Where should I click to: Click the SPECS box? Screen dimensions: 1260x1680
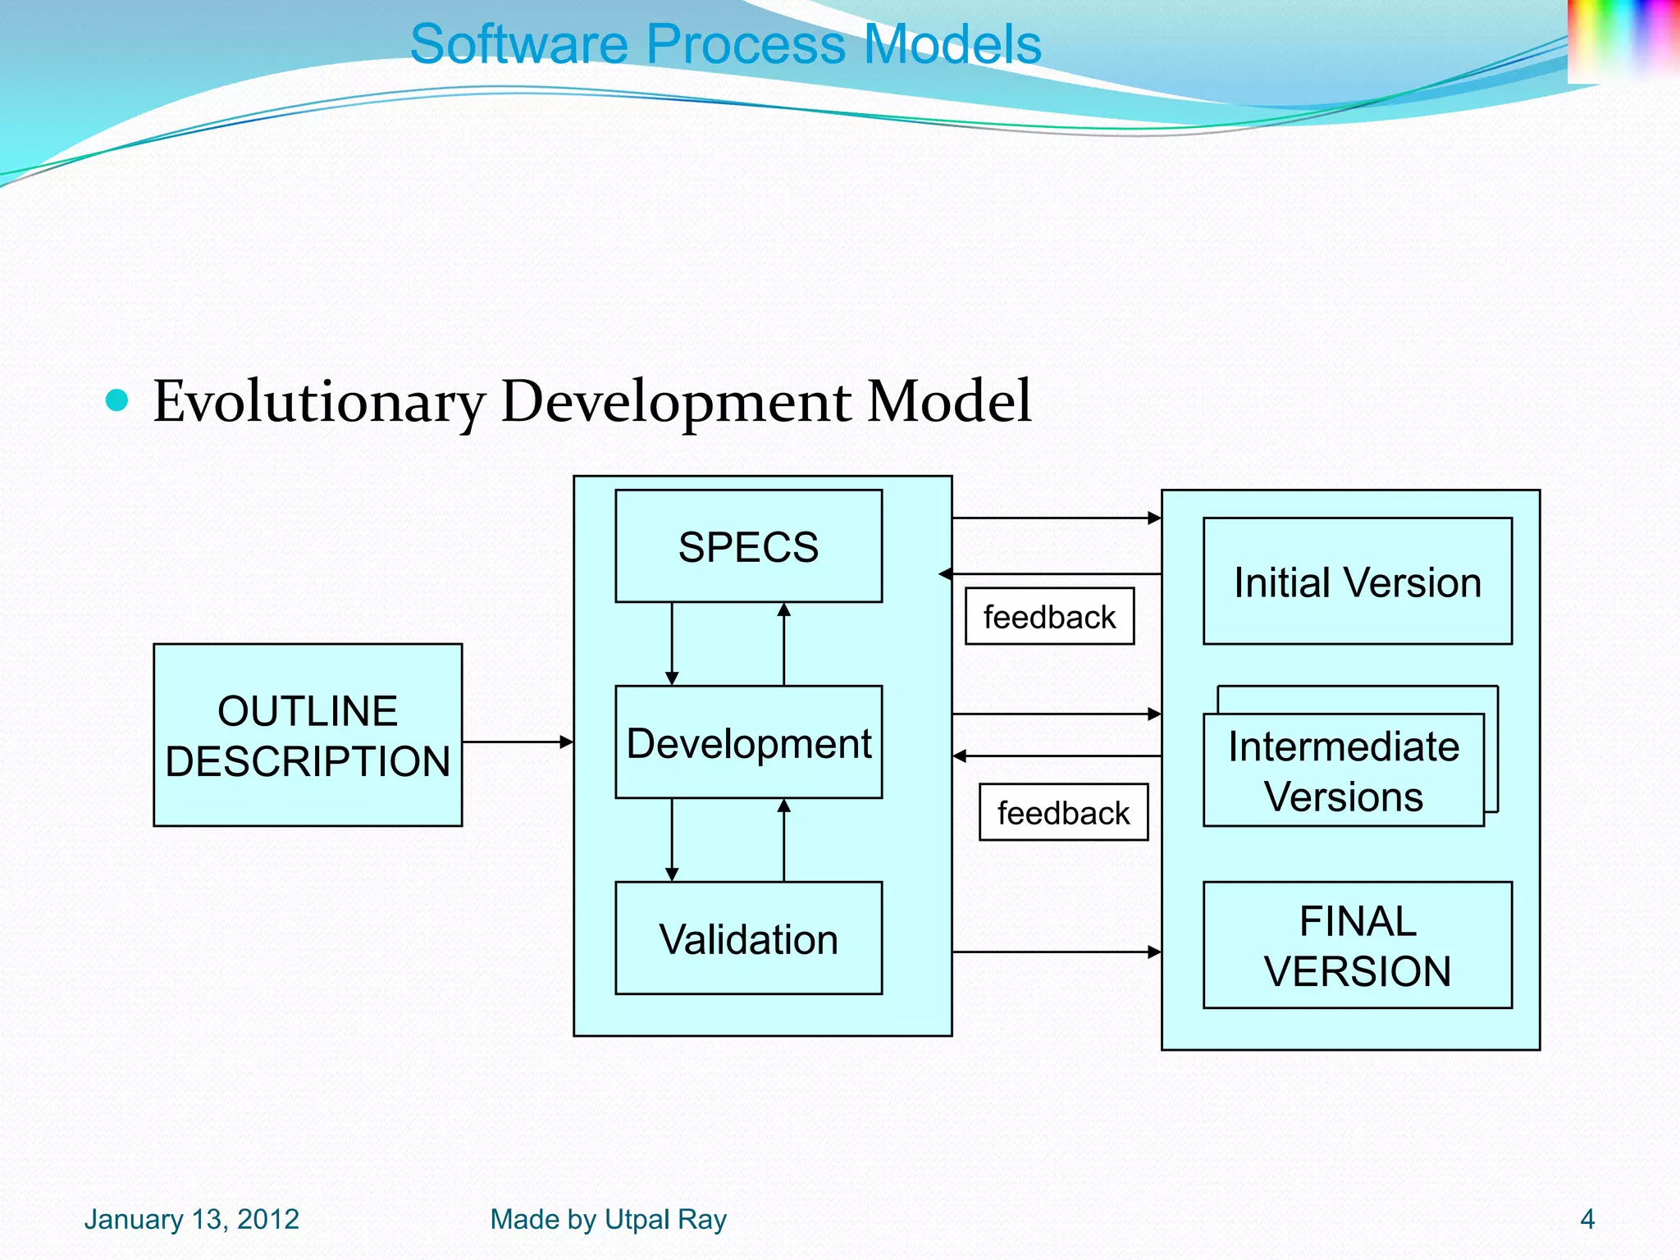(x=748, y=546)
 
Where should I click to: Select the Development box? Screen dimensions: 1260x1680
(x=748, y=742)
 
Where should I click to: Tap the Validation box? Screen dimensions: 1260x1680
(x=748, y=938)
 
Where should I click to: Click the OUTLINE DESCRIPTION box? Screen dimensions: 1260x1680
(x=308, y=735)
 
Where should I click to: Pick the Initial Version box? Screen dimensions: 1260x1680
(x=1357, y=582)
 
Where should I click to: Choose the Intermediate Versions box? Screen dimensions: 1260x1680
(x=1343, y=771)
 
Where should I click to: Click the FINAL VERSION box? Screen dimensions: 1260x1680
(x=1357, y=945)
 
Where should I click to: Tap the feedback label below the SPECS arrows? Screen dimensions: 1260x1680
(x=1049, y=617)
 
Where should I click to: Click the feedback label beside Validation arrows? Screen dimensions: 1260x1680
(x=1063, y=813)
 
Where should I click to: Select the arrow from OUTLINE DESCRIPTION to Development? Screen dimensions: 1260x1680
(x=517, y=742)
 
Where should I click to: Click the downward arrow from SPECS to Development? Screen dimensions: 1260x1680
(x=672, y=644)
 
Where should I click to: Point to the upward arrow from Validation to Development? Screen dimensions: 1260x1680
(x=783, y=840)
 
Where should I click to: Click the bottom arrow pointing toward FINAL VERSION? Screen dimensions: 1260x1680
(x=1057, y=952)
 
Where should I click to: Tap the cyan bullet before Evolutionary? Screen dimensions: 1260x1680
(x=118, y=400)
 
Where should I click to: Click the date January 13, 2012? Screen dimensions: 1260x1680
(x=192, y=1219)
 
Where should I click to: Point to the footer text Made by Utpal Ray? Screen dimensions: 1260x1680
(x=608, y=1219)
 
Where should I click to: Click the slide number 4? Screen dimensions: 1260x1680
(x=1586, y=1219)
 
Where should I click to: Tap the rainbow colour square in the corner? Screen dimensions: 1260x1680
(x=1623, y=39)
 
